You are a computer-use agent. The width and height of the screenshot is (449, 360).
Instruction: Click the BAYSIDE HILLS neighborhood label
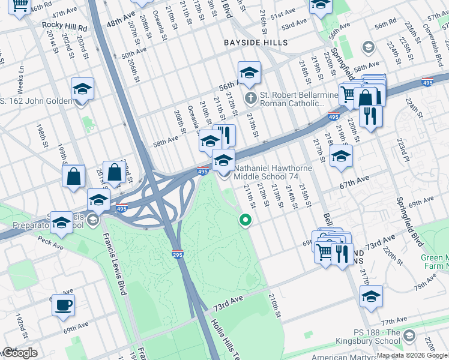click(x=255, y=43)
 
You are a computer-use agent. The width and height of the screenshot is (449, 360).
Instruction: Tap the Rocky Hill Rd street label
click(x=64, y=28)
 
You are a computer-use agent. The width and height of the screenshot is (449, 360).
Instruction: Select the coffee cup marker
click(x=63, y=305)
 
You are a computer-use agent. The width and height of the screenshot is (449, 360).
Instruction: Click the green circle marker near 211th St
click(x=245, y=220)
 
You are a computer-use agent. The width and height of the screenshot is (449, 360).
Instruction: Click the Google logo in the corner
click(x=19, y=353)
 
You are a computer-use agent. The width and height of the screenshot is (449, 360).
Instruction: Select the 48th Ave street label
click(x=121, y=21)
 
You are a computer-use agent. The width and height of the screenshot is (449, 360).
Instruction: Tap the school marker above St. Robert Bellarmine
click(x=249, y=74)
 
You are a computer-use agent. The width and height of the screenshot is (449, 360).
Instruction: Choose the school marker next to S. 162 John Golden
click(x=82, y=90)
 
